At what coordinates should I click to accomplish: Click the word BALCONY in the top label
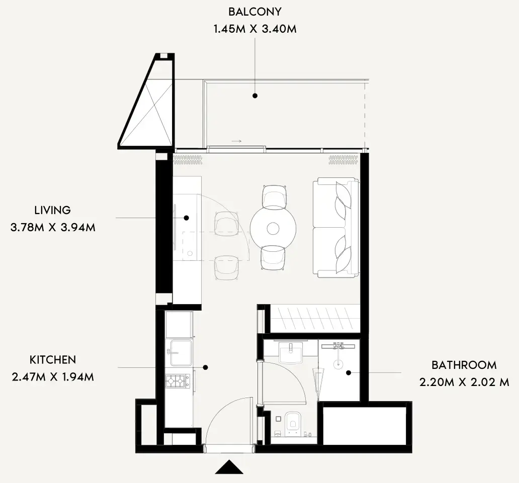(x=255, y=12)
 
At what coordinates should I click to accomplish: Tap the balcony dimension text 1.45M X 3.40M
(x=255, y=29)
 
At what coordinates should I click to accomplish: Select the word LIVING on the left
(x=53, y=211)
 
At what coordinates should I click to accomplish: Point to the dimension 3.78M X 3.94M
(x=53, y=228)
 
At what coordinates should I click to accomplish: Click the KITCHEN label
(x=53, y=359)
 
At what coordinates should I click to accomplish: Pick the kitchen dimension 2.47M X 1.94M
(x=53, y=377)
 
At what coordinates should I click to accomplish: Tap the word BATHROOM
(x=464, y=365)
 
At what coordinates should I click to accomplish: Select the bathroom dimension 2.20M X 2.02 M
(x=464, y=382)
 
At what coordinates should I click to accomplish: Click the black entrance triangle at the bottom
(x=229, y=467)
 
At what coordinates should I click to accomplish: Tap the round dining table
(x=273, y=228)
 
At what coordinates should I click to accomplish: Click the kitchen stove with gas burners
(x=178, y=381)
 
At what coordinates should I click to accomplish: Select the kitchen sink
(x=181, y=352)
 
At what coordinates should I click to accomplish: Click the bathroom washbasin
(x=291, y=353)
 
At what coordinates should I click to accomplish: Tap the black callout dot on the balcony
(x=255, y=96)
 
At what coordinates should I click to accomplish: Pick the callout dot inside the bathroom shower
(x=349, y=373)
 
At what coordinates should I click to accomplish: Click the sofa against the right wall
(x=335, y=228)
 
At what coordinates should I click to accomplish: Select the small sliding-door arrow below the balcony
(x=237, y=141)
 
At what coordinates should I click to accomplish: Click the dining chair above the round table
(x=274, y=197)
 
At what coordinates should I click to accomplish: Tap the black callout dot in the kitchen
(x=206, y=367)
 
